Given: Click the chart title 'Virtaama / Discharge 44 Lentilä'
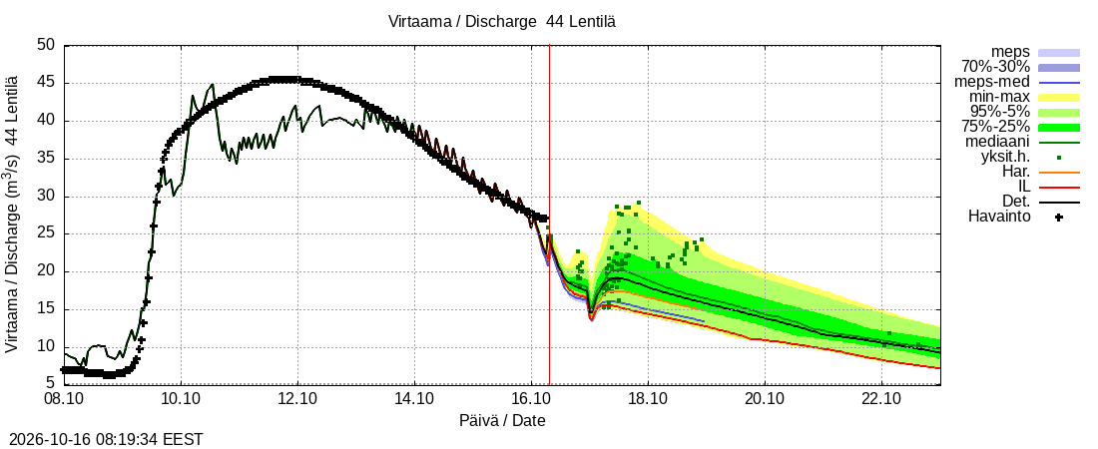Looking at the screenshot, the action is click(x=502, y=22).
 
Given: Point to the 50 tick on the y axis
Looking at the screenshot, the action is click(x=46, y=46).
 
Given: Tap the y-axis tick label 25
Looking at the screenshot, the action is click(x=46, y=233).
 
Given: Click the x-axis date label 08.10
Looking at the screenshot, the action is click(x=65, y=400).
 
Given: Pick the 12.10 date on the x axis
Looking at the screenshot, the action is click(x=297, y=400).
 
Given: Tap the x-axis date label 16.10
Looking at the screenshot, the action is click(x=531, y=400).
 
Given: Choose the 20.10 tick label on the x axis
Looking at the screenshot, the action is click(x=765, y=400).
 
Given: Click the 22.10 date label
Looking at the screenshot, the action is click(x=881, y=400).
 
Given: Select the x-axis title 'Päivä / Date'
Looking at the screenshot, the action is click(x=502, y=420).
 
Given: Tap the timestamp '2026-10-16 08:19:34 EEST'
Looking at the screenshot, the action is click(x=102, y=440).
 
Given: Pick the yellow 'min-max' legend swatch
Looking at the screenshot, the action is click(x=1059, y=98).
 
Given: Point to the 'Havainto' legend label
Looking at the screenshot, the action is click(x=999, y=217).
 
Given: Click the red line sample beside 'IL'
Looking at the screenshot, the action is click(x=1059, y=187).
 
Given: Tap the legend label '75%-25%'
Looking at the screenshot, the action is click(x=995, y=127).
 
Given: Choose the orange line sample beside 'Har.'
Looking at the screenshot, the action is click(x=1059, y=172).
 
